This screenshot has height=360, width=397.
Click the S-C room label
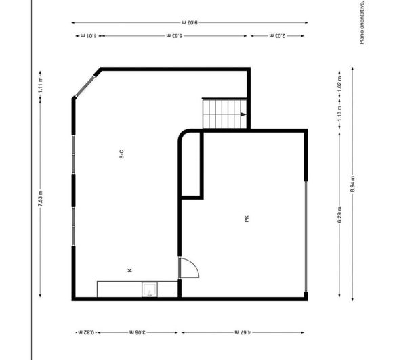coord(121,154)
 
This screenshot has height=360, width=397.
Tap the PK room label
coord(247,219)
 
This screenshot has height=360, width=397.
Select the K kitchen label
coord(130,270)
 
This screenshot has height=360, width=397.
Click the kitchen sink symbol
coord(149,290)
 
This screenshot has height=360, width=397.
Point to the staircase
coord(224,114)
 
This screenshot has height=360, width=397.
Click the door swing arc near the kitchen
coord(190,268)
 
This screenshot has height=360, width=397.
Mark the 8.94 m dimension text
coord(352,183)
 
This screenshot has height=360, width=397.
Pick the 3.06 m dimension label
coord(138,332)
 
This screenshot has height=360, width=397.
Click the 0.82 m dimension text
coord(85,332)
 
